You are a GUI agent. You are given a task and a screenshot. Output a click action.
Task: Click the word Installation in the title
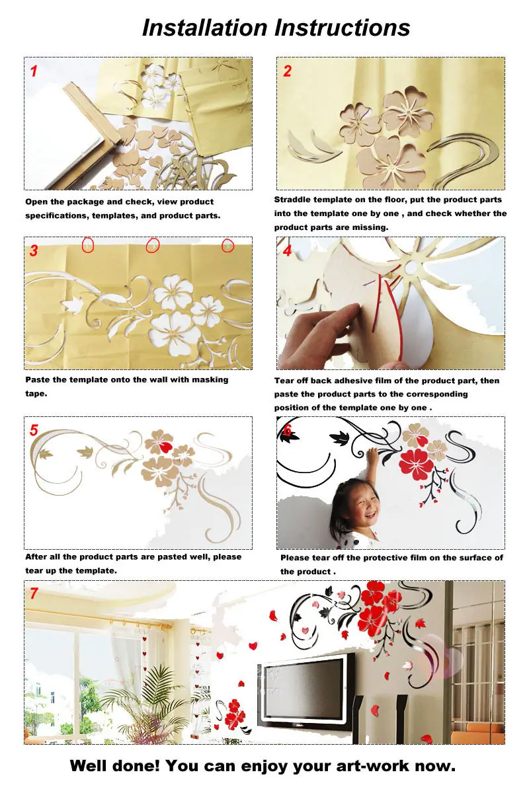pos(204,27)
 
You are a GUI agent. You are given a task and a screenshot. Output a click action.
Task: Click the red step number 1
pos(34,71)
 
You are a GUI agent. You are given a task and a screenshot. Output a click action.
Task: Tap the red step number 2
pos(287,71)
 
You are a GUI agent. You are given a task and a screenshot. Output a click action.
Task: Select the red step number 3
pos(34,250)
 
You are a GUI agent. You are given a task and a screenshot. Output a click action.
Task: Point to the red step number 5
pos(34,430)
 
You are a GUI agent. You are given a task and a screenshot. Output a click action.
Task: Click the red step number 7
pos(34,593)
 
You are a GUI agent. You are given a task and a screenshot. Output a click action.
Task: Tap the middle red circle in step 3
pos(153,245)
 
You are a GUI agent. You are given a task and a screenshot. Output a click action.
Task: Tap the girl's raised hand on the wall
pos(372,455)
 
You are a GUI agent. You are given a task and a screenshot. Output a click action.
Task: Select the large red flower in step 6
pos(416,464)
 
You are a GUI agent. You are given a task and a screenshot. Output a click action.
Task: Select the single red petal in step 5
pos(165,447)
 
